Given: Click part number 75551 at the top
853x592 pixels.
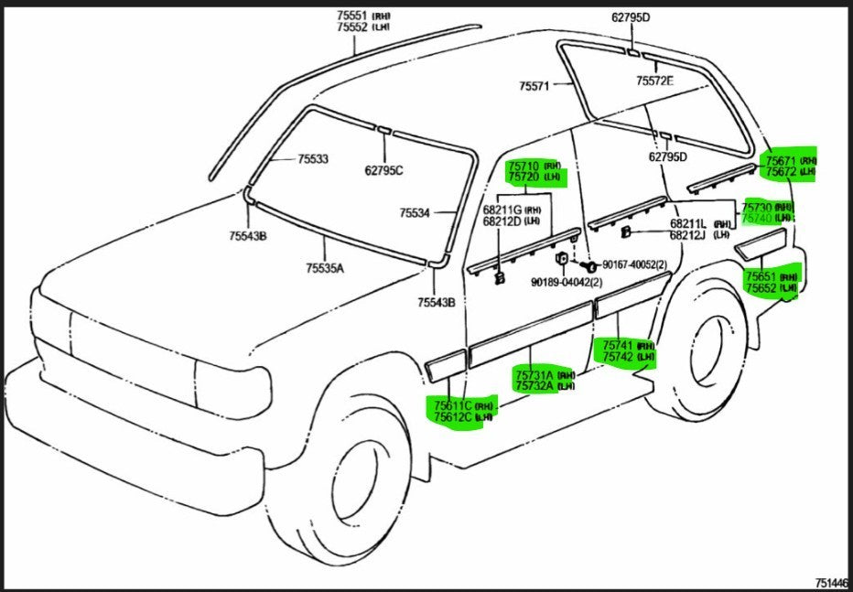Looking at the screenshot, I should point(353,16).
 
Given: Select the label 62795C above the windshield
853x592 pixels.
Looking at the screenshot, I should point(383,169).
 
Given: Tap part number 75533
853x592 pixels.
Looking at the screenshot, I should point(312,159).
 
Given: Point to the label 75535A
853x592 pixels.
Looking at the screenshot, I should point(325,268).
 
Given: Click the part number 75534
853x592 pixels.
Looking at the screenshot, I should point(415,213).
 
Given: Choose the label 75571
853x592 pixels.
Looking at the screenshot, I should point(534,86).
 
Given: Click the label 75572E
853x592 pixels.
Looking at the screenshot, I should point(654,81).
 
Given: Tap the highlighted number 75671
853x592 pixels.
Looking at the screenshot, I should point(780,160).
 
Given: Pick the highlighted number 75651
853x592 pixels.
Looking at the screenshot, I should point(761,276).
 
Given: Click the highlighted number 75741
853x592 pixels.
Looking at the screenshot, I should point(616,346).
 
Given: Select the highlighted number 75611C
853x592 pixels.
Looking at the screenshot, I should point(453,405).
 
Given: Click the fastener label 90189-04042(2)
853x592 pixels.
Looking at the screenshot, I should point(566,283).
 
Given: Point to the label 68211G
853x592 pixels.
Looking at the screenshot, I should point(502,210).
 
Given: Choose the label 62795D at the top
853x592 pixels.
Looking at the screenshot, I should point(632,17).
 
